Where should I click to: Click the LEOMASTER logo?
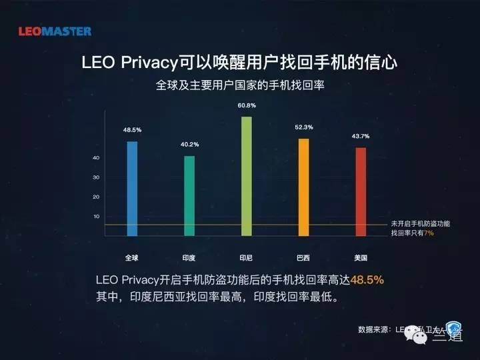(55, 31)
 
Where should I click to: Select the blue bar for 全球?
(132, 188)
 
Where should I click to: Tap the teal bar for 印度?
(189, 195)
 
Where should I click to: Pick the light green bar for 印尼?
(247, 176)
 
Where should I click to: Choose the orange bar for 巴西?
(303, 187)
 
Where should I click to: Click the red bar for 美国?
(361, 191)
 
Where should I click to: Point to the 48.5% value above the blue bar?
(132, 131)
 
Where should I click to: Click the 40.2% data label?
(189, 145)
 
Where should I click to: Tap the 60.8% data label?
(247, 105)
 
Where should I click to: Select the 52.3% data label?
(304, 127)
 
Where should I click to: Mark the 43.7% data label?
(361, 136)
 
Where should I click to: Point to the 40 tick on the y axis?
(96, 158)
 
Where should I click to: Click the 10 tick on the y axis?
(96, 217)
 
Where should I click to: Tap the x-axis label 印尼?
(246, 257)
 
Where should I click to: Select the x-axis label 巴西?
(303, 257)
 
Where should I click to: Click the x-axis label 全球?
(132, 257)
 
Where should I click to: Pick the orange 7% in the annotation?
(429, 233)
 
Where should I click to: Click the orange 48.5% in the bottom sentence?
(367, 279)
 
